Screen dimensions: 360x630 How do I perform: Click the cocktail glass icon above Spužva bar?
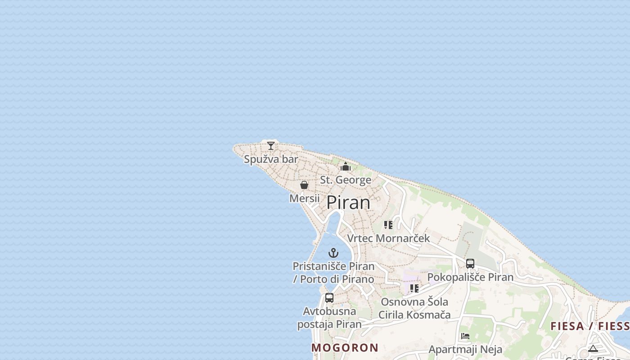[x=270, y=145]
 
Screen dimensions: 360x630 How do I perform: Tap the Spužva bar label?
[x=271, y=159]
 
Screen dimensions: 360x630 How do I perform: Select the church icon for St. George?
[x=346, y=167]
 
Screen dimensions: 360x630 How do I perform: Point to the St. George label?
[x=346, y=180]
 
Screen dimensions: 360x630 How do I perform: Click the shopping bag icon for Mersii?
[x=304, y=185]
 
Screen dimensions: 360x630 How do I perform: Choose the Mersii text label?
[x=304, y=198]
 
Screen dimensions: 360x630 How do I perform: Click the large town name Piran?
[x=348, y=202]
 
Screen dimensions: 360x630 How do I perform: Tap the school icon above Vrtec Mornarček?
[x=388, y=225]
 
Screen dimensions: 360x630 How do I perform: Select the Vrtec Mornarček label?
[x=389, y=238]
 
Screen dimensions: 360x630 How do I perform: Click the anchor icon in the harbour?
[x=333, y=253]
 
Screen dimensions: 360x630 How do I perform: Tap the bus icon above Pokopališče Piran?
[x=470, y=264]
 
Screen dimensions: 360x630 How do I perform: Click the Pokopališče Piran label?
[x=470, y=277]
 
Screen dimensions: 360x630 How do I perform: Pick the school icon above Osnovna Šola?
[x=414, y=288]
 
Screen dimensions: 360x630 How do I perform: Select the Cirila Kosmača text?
[x=414, y=315]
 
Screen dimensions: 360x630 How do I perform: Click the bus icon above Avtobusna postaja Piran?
[x=329, y=298]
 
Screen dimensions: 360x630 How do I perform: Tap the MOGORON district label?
[x=345, y=347]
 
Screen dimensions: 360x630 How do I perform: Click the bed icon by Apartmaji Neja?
[x=465, y=336]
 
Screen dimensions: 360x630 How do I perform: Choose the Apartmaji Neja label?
[x=465, y=349]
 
